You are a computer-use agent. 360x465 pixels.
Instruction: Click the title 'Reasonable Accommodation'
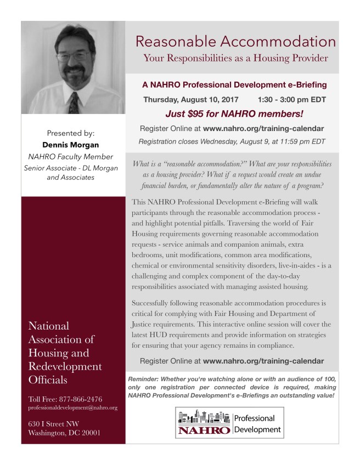(235, 41)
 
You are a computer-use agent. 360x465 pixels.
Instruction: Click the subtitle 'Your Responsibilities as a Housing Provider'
(235, 58)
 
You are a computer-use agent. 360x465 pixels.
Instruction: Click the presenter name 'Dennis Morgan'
(71, 145)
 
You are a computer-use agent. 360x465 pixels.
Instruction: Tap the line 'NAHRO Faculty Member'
(71, 157)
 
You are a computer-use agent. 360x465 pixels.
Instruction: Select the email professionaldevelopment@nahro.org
(72, 409)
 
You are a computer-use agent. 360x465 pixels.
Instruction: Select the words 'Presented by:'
(71, 133)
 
